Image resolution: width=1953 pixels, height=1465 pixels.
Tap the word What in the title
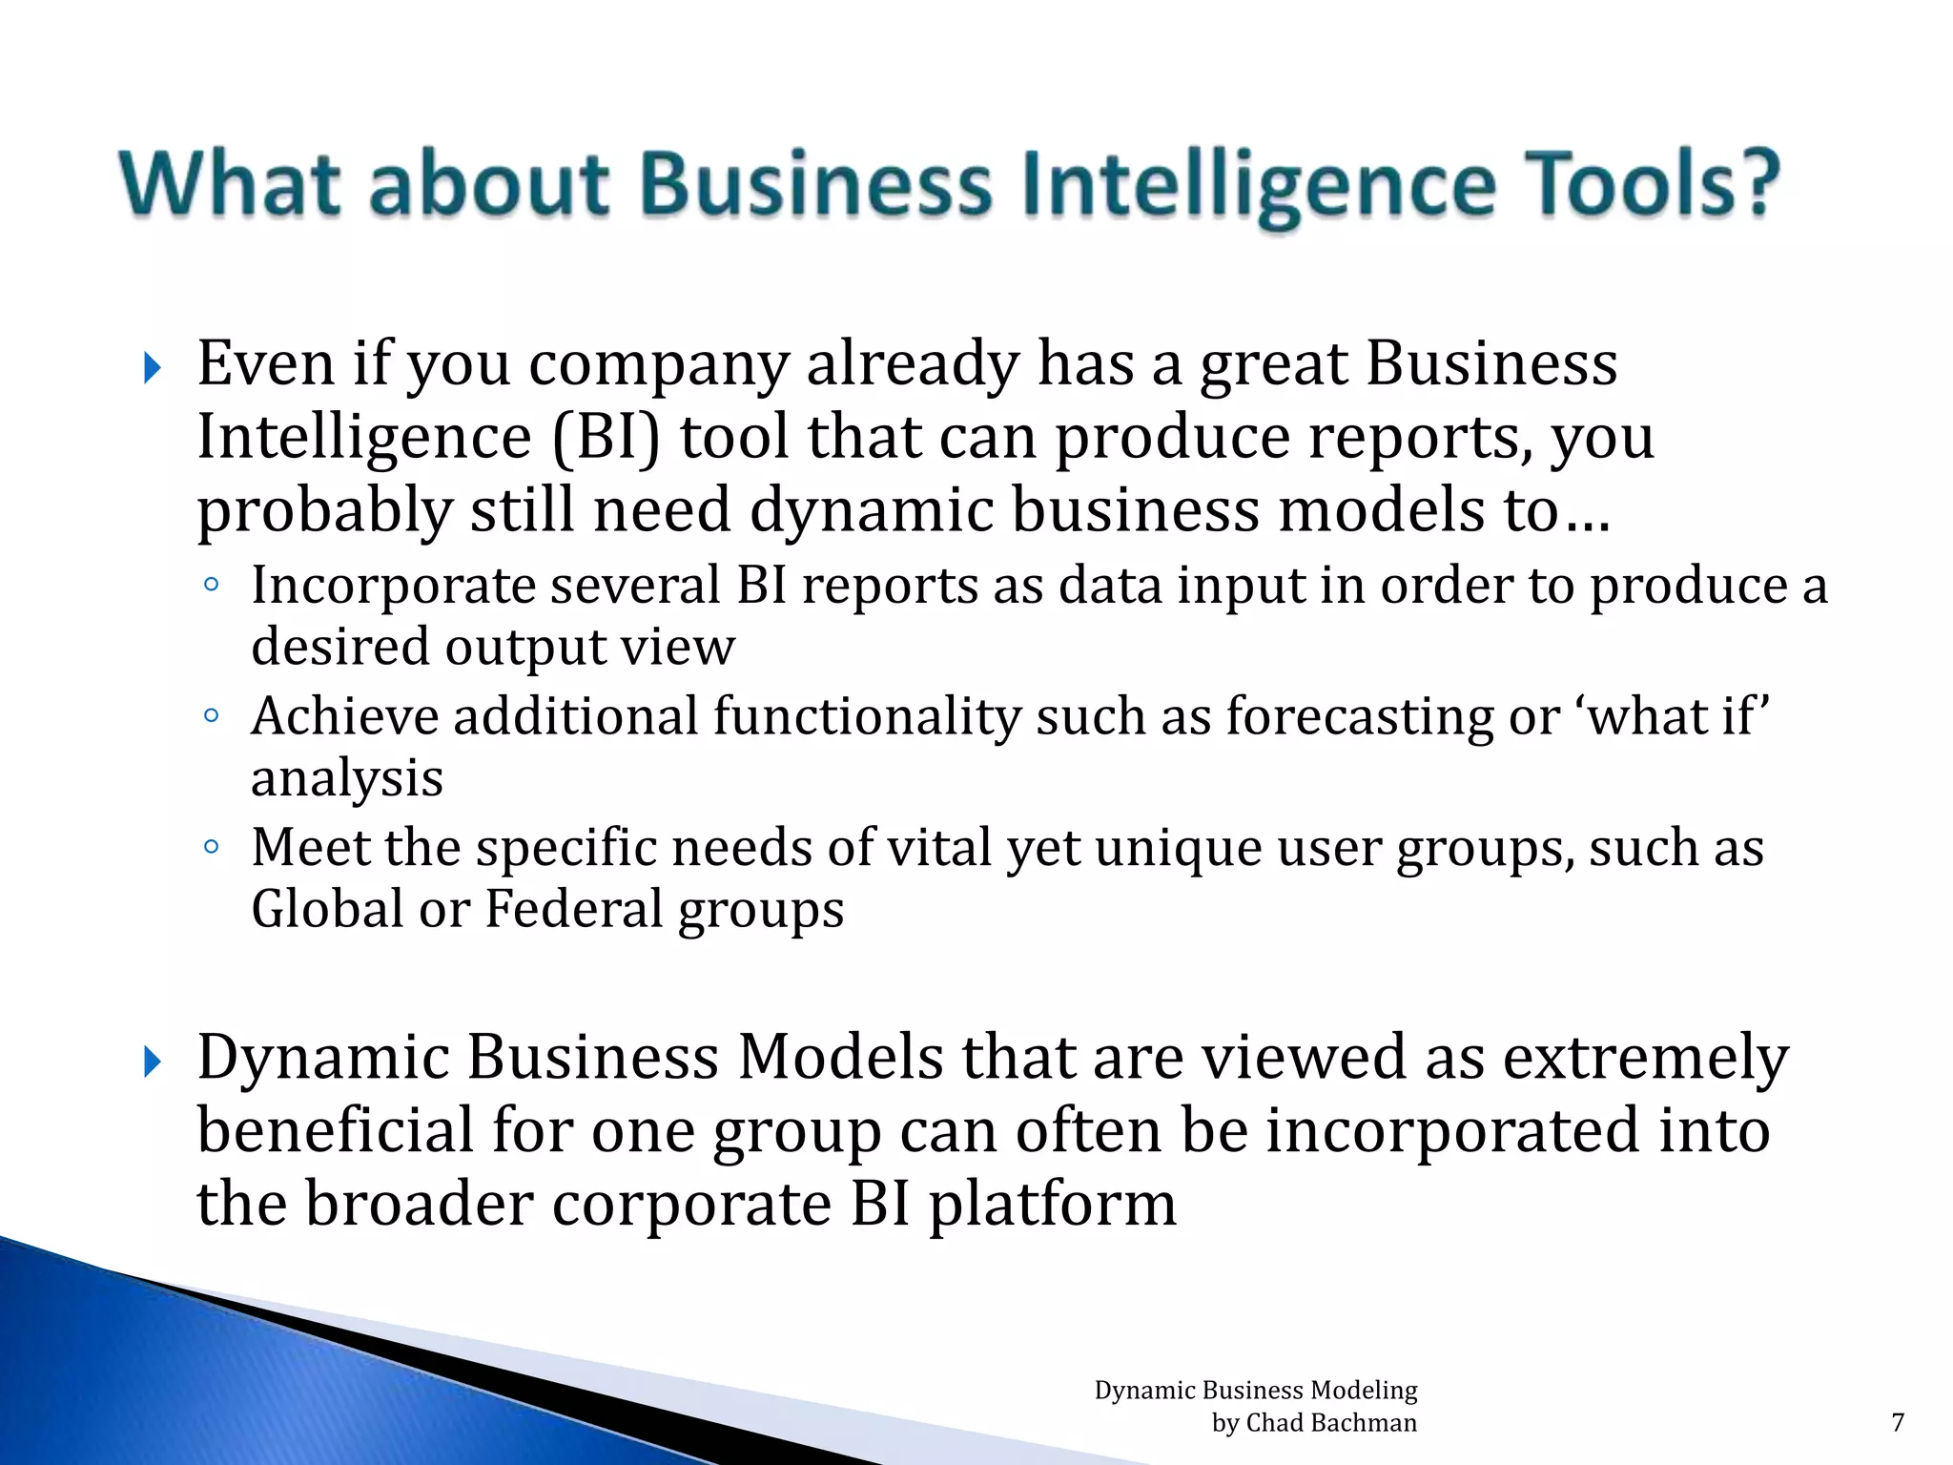[x=230, y=183]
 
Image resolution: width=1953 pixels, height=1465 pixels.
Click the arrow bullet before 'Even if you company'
[x=153, y=368]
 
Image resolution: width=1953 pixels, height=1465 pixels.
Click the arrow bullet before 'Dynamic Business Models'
[x=153, y=1062]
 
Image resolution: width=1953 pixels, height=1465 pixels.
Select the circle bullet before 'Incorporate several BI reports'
[x=212, y=585]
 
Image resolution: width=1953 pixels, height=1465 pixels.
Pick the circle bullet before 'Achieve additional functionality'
[x=212, y=715]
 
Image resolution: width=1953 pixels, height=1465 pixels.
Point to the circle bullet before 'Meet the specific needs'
[x=212, y=846]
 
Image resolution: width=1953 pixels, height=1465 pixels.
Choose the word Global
[x=327, y=908]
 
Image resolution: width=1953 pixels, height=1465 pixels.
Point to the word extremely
[x=1645, y=1059]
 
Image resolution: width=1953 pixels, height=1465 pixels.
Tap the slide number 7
[x=1898, y=1423]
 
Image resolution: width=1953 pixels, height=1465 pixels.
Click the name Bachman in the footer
[x=1364, y=1423]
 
